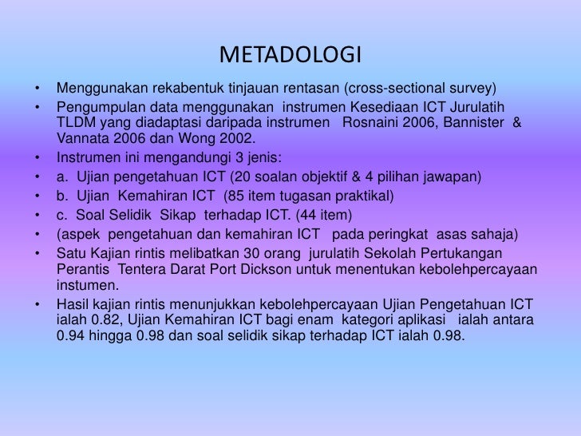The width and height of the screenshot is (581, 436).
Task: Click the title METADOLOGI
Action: coord(290,57)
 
